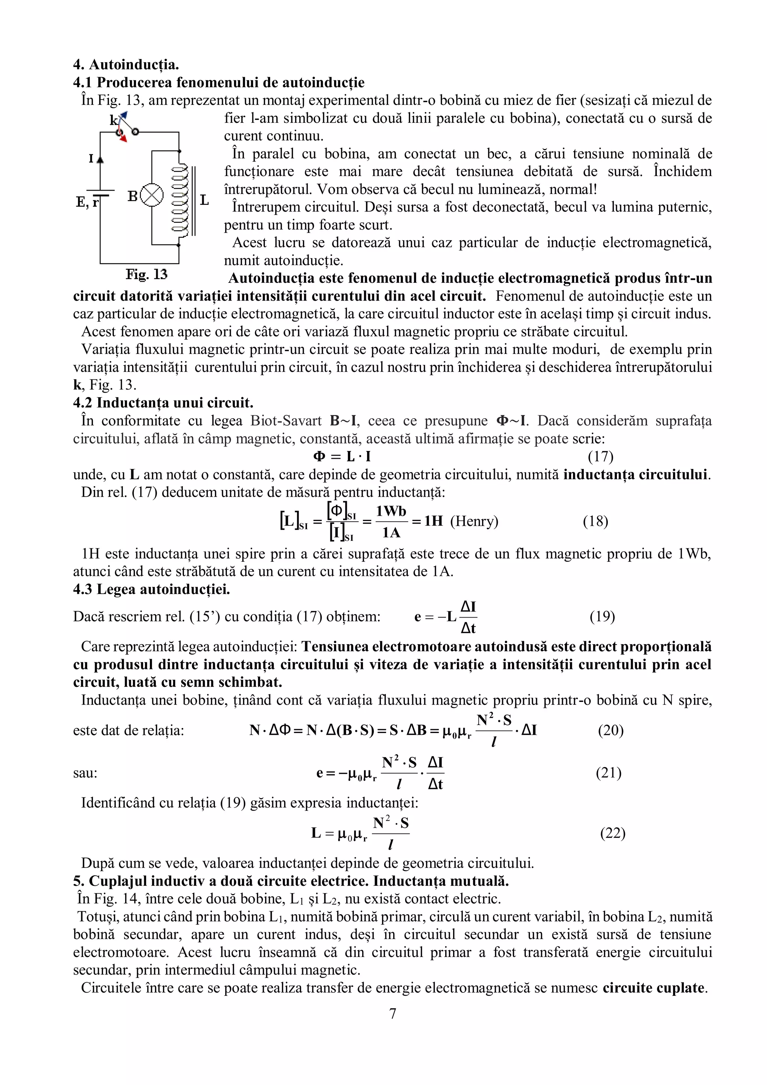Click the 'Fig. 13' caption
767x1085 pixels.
click(146, 274)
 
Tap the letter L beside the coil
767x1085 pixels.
click(204, 200)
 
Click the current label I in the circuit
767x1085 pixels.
click(91, 159)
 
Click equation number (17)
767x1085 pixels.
click(600, 457)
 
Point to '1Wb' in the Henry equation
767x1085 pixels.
click(391, 511)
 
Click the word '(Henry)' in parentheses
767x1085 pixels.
click(474, 521)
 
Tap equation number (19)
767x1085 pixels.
click(602, 617)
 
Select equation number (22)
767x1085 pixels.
click(612, 833)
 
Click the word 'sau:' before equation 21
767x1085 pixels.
click(85, 773)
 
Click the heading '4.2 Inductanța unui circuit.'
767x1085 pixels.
click(163, 403)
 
